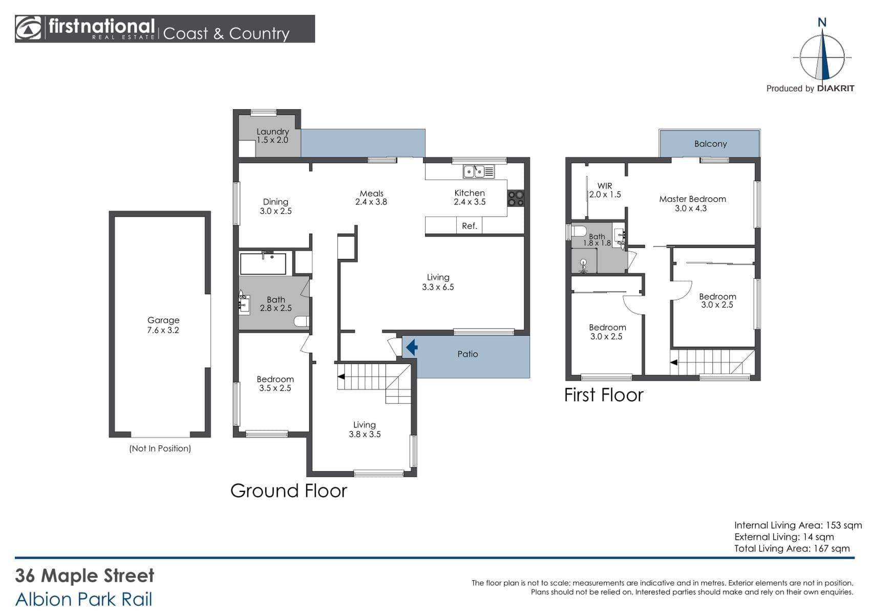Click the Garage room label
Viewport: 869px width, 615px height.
coord(163,325)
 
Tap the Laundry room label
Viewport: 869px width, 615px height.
coord(272,135)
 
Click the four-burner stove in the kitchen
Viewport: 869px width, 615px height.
coord(516,198)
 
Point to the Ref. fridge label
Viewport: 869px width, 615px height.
coord(470,226)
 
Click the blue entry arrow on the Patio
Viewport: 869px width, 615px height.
coord(412,347)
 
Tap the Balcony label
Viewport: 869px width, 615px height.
coord(710,144)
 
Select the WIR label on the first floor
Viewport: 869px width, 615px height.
coord(605,186)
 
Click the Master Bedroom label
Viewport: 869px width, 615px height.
coord(692,199)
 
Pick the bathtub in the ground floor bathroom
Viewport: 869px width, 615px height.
coord(263,263)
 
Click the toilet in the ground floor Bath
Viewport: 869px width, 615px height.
coord(302,321)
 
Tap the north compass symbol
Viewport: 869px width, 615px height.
coord(822,54)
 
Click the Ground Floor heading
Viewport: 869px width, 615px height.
coord(289,491)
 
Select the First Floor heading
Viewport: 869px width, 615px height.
coord(604,395)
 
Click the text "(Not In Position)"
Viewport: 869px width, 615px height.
coord(160,448)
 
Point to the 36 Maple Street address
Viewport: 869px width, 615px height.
coord(84,576)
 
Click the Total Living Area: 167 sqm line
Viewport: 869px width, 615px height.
coord(792,548)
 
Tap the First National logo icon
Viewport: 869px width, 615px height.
coord(28,28)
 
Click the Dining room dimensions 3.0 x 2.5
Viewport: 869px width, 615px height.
coord(275,211)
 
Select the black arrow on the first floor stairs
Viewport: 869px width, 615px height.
coord(674,362)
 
